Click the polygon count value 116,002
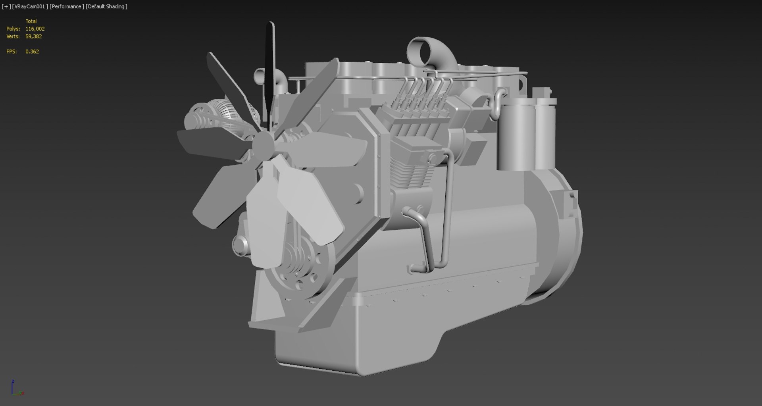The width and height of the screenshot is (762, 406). point(35,29)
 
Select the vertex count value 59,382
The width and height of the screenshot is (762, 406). point(33,36)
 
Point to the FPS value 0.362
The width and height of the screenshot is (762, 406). point(32,52)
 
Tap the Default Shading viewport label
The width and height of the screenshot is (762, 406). point(106,6)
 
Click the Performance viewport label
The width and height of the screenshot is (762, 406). point(67,6)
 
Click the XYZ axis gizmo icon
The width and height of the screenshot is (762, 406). point(16,388)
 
